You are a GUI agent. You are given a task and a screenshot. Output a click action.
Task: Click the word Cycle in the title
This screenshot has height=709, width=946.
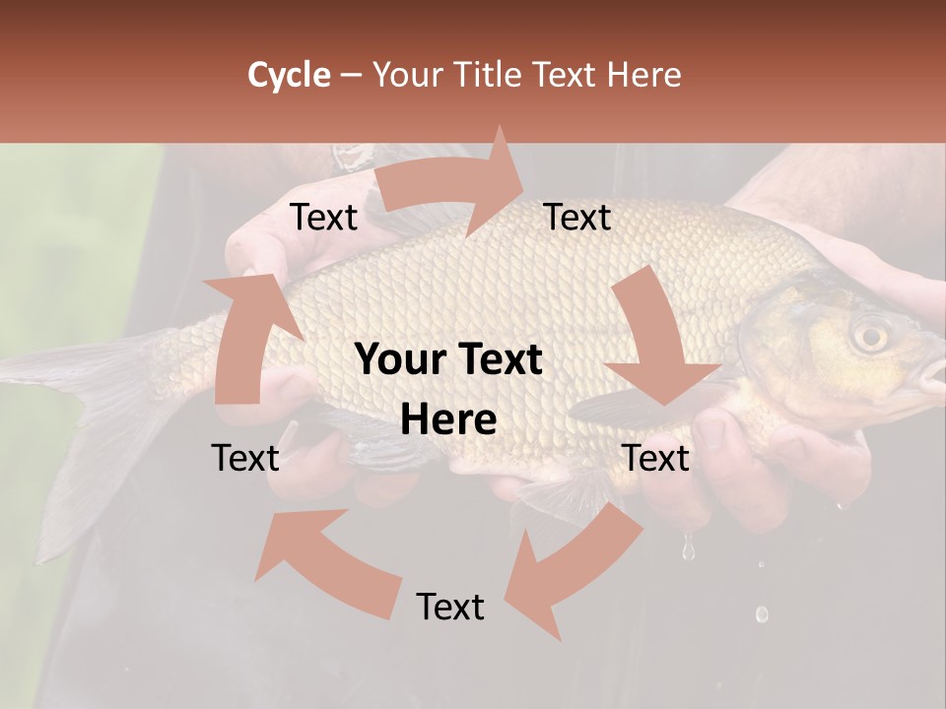coord(289,75)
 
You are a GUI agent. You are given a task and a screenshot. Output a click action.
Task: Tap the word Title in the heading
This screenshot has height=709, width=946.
coord(493,75)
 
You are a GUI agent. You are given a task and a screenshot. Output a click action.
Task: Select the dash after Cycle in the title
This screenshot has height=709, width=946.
coord(351,76)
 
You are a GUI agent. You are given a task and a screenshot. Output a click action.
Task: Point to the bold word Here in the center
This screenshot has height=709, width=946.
coord(448,420)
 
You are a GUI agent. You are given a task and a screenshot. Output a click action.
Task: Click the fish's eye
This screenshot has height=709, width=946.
coord(870,335)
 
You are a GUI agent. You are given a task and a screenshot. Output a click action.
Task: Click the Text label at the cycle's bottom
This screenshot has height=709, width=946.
coord(450,607)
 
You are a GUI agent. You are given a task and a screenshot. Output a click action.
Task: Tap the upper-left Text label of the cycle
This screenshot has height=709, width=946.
coord(323,217)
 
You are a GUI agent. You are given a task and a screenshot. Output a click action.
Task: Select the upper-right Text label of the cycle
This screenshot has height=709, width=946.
coord(577,217)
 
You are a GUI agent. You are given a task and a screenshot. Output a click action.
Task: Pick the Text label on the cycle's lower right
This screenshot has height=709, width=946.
coord(655,458)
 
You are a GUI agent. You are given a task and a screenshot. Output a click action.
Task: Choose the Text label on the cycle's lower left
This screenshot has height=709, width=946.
coord(245,458)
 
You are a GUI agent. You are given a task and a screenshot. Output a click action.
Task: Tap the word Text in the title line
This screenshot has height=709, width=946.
coord(567,75)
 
